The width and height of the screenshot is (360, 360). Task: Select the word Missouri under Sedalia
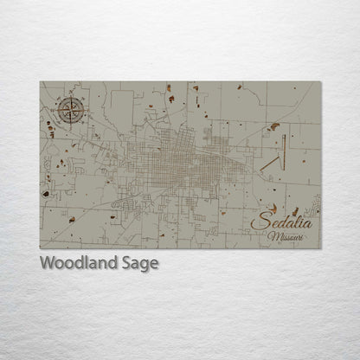[x=286, y=236]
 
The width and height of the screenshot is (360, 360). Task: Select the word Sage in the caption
[x=140, y=264]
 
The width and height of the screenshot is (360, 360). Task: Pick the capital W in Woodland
[x=48, y=262]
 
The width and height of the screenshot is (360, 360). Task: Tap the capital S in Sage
[x=126, y=263]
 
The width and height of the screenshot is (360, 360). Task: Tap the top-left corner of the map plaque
[x=40, y=81]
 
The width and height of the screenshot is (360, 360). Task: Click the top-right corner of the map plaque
[x=321, y=81]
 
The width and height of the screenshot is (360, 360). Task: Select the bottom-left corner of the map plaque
[x=40, y=248]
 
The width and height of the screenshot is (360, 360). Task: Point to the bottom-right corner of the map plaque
[x=321, y=248]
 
